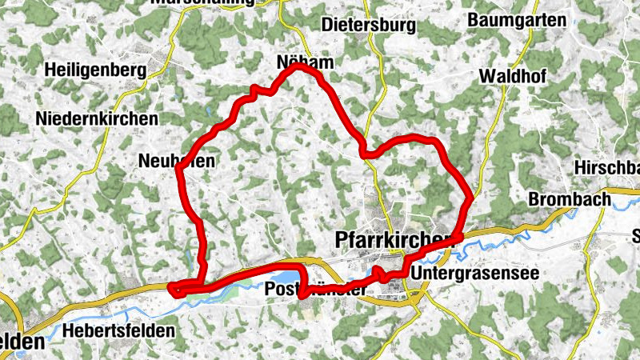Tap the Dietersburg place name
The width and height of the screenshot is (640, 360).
point(368,25)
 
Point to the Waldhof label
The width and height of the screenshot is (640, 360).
point(512,76)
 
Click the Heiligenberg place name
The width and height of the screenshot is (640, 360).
point(96,70)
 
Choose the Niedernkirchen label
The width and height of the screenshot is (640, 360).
point(97,118)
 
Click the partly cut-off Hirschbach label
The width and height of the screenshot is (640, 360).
point(607,167)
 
